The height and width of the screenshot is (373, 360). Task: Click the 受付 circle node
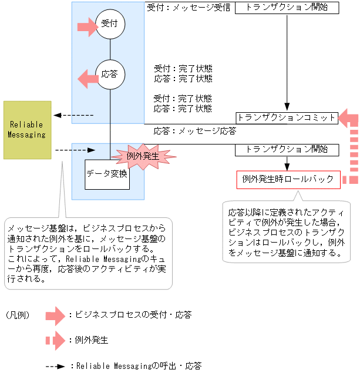110,25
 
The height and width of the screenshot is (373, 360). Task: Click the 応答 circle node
110,75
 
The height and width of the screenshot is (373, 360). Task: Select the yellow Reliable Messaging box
27,130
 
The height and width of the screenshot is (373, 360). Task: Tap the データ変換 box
107,174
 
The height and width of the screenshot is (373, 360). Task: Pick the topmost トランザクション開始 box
287,8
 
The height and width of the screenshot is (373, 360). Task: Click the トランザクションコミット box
287,117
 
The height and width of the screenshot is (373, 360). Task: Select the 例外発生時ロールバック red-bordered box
288,179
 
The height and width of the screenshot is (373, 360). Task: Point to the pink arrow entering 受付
88,25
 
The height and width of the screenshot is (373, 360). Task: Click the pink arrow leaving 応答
88,76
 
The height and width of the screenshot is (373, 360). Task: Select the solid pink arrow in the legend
56,315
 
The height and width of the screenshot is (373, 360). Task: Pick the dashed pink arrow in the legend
56,340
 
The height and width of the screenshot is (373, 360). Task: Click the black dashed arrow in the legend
56,366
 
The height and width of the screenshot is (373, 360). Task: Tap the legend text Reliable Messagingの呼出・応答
139,366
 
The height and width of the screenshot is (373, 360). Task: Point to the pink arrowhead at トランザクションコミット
346,117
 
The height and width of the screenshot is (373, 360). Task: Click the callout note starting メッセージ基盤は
88,253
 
